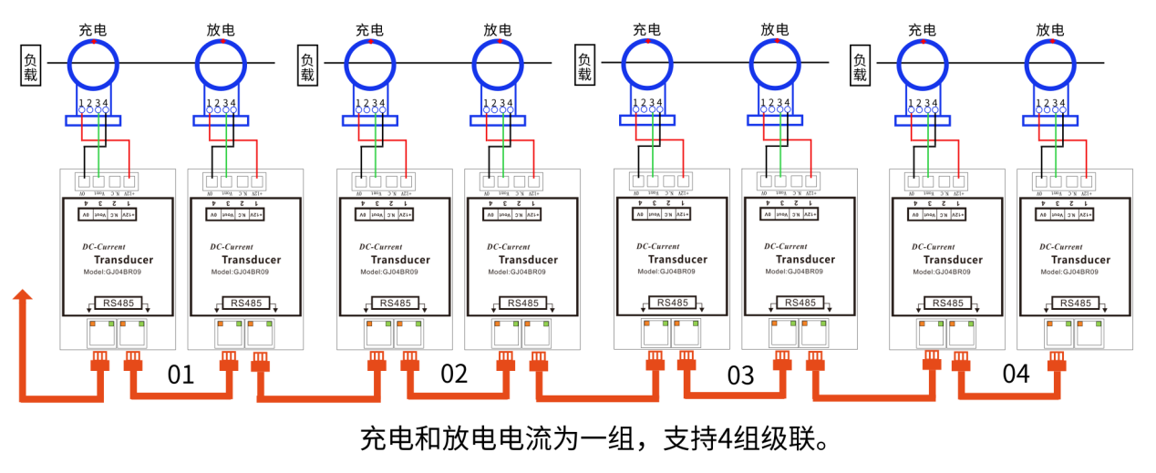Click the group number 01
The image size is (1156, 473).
point(181,374)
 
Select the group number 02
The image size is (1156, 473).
point(454,374)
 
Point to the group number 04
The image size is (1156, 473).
point(1016,374)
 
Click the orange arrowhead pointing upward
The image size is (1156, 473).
point(23,295)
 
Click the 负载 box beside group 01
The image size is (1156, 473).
point(31,66)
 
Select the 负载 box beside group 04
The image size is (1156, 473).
point(860,66)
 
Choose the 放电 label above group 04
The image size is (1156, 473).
point(1050,29)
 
